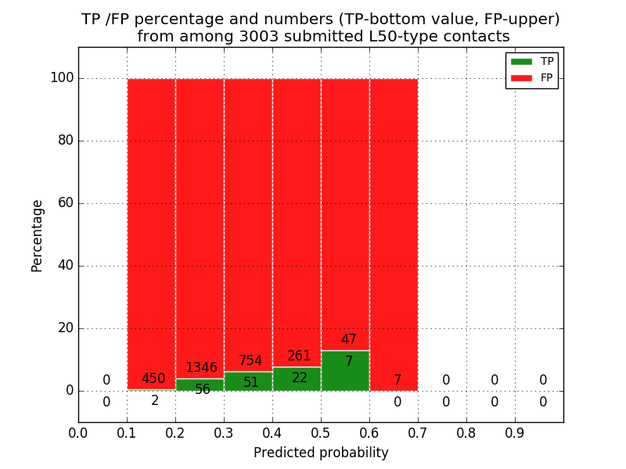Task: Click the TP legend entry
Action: click(x=532, y=62)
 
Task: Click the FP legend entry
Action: click(x=532, y=77)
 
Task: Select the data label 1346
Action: click(x=201, y=368)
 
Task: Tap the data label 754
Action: click(x=250, y=361)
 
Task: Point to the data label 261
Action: click(x=299, y=356)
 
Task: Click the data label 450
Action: click(x=153, y=379)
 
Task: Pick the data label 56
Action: click(x=203, y=390)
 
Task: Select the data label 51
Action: click(x=251, y=383)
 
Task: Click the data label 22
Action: click(x=300, y=378)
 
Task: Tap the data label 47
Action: click(x=349, y=340)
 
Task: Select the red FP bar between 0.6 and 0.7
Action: click(x=394, y=234)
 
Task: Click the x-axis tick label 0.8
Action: click(x=466, y=432)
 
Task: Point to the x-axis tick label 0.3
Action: click(x=224, y=432)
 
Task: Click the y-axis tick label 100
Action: click(x=61, y=78)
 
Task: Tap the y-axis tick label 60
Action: click(x=65, y=203)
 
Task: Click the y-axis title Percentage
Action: click(x=38, y=235)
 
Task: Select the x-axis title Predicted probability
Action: click(x=321, y=453)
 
